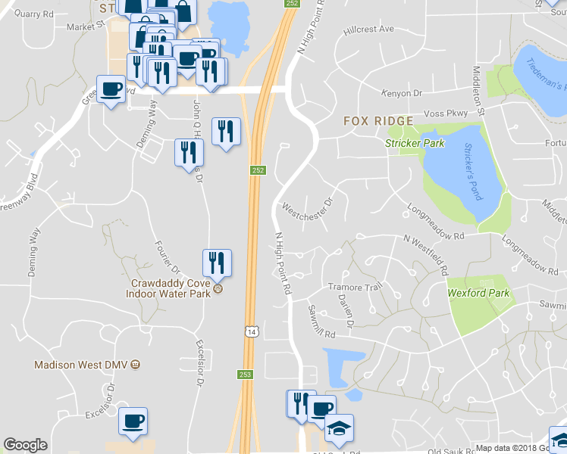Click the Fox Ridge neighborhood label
coord(378,121)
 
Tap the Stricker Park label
coord(414,143)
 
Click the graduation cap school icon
coord(338,428)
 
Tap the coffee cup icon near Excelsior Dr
coord(133,421)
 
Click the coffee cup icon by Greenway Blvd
coord(111,89)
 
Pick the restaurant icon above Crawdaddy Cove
coord(217,263)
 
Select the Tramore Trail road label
coord(351,287)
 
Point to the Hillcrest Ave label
coord(369,30)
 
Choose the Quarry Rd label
coord(34,14)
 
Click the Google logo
coord(25,445)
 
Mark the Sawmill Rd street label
coord(321,322)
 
